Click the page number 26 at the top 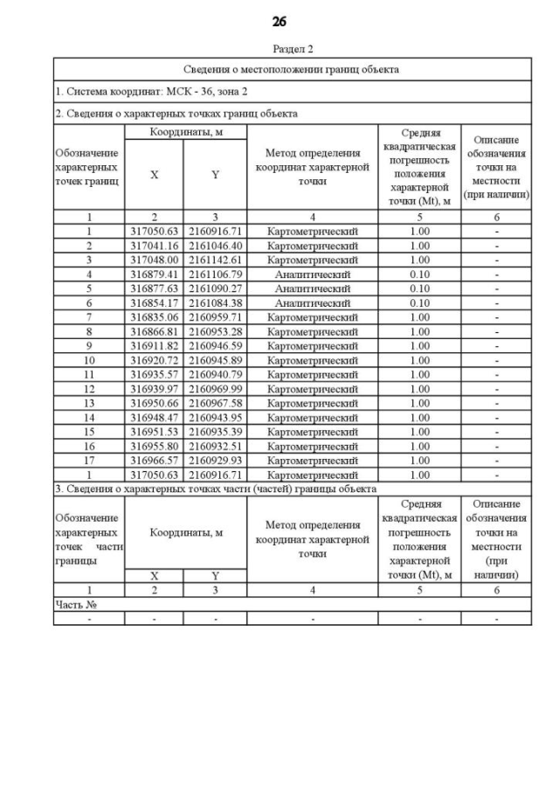click(279, 22)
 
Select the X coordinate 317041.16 click(154, 246)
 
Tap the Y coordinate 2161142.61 click(215, 260)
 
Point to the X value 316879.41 click(154, 274)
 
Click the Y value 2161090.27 click(215, 288)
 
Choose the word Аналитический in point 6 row click(312, 302)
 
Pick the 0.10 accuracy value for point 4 click(419, 274)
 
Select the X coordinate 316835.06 click(154, 317)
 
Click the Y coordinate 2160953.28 click(215, 331)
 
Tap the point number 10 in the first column click(89, 360)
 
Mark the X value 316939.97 click(154, 389)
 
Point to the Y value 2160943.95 click(215, 417)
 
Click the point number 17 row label click(89, 460)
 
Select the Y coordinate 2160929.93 click(215, 460)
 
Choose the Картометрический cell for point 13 click(312, 403)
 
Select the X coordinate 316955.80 click(154, 446)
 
